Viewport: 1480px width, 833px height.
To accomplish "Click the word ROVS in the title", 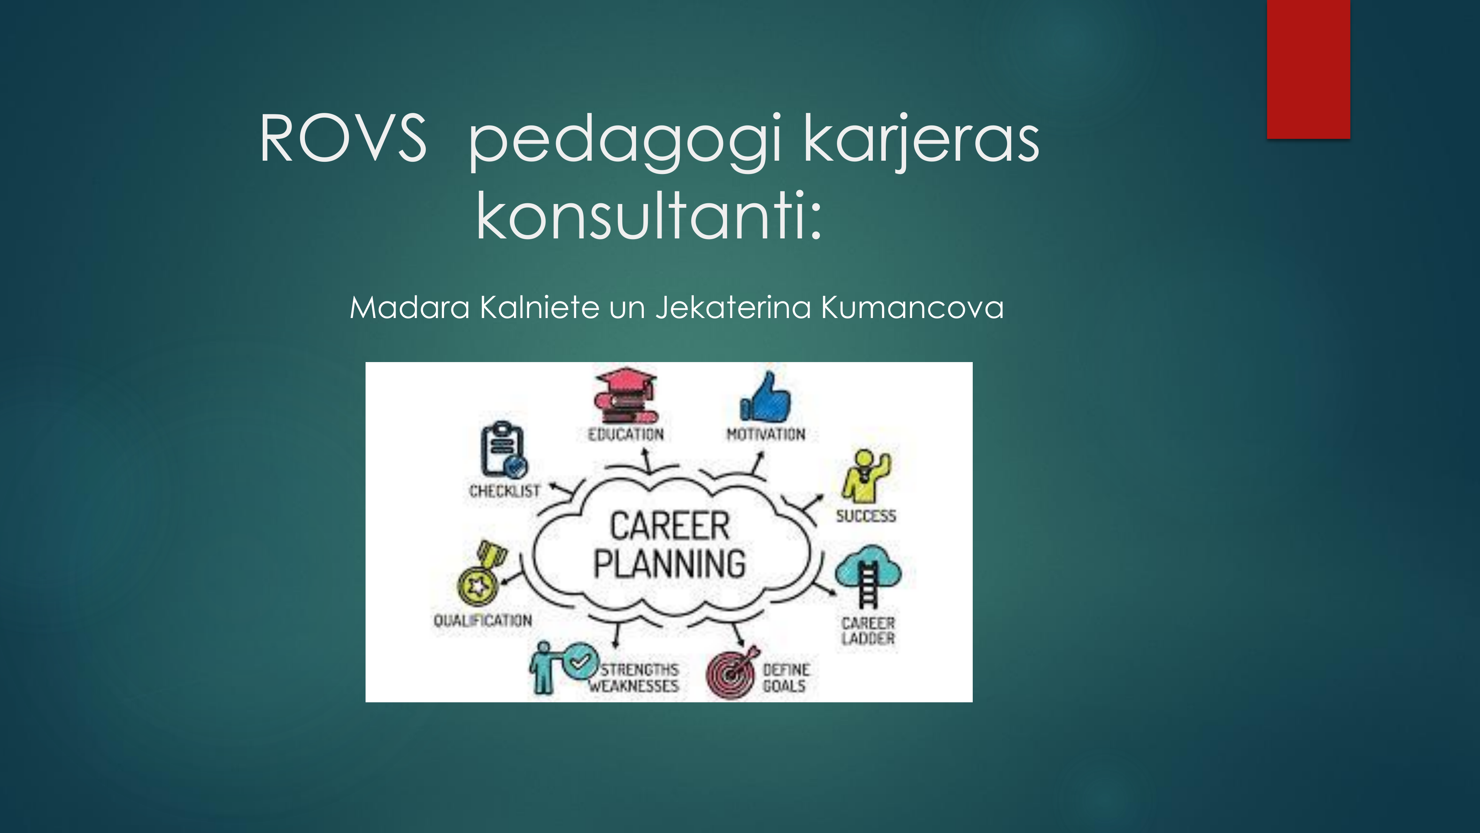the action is coord(343,138).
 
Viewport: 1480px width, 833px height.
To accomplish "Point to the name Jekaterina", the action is coord(733,308).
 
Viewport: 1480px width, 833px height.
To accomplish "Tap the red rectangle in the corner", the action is coord(1308,69).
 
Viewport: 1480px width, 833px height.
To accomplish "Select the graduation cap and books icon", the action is coord(625,395).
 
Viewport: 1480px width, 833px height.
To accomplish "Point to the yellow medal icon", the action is coord(481,573).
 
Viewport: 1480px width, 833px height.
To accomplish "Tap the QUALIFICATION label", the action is coord(482,620).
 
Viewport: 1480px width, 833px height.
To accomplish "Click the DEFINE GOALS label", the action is coord(786,678).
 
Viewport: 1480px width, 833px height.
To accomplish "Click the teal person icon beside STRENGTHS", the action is coord(541,668).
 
